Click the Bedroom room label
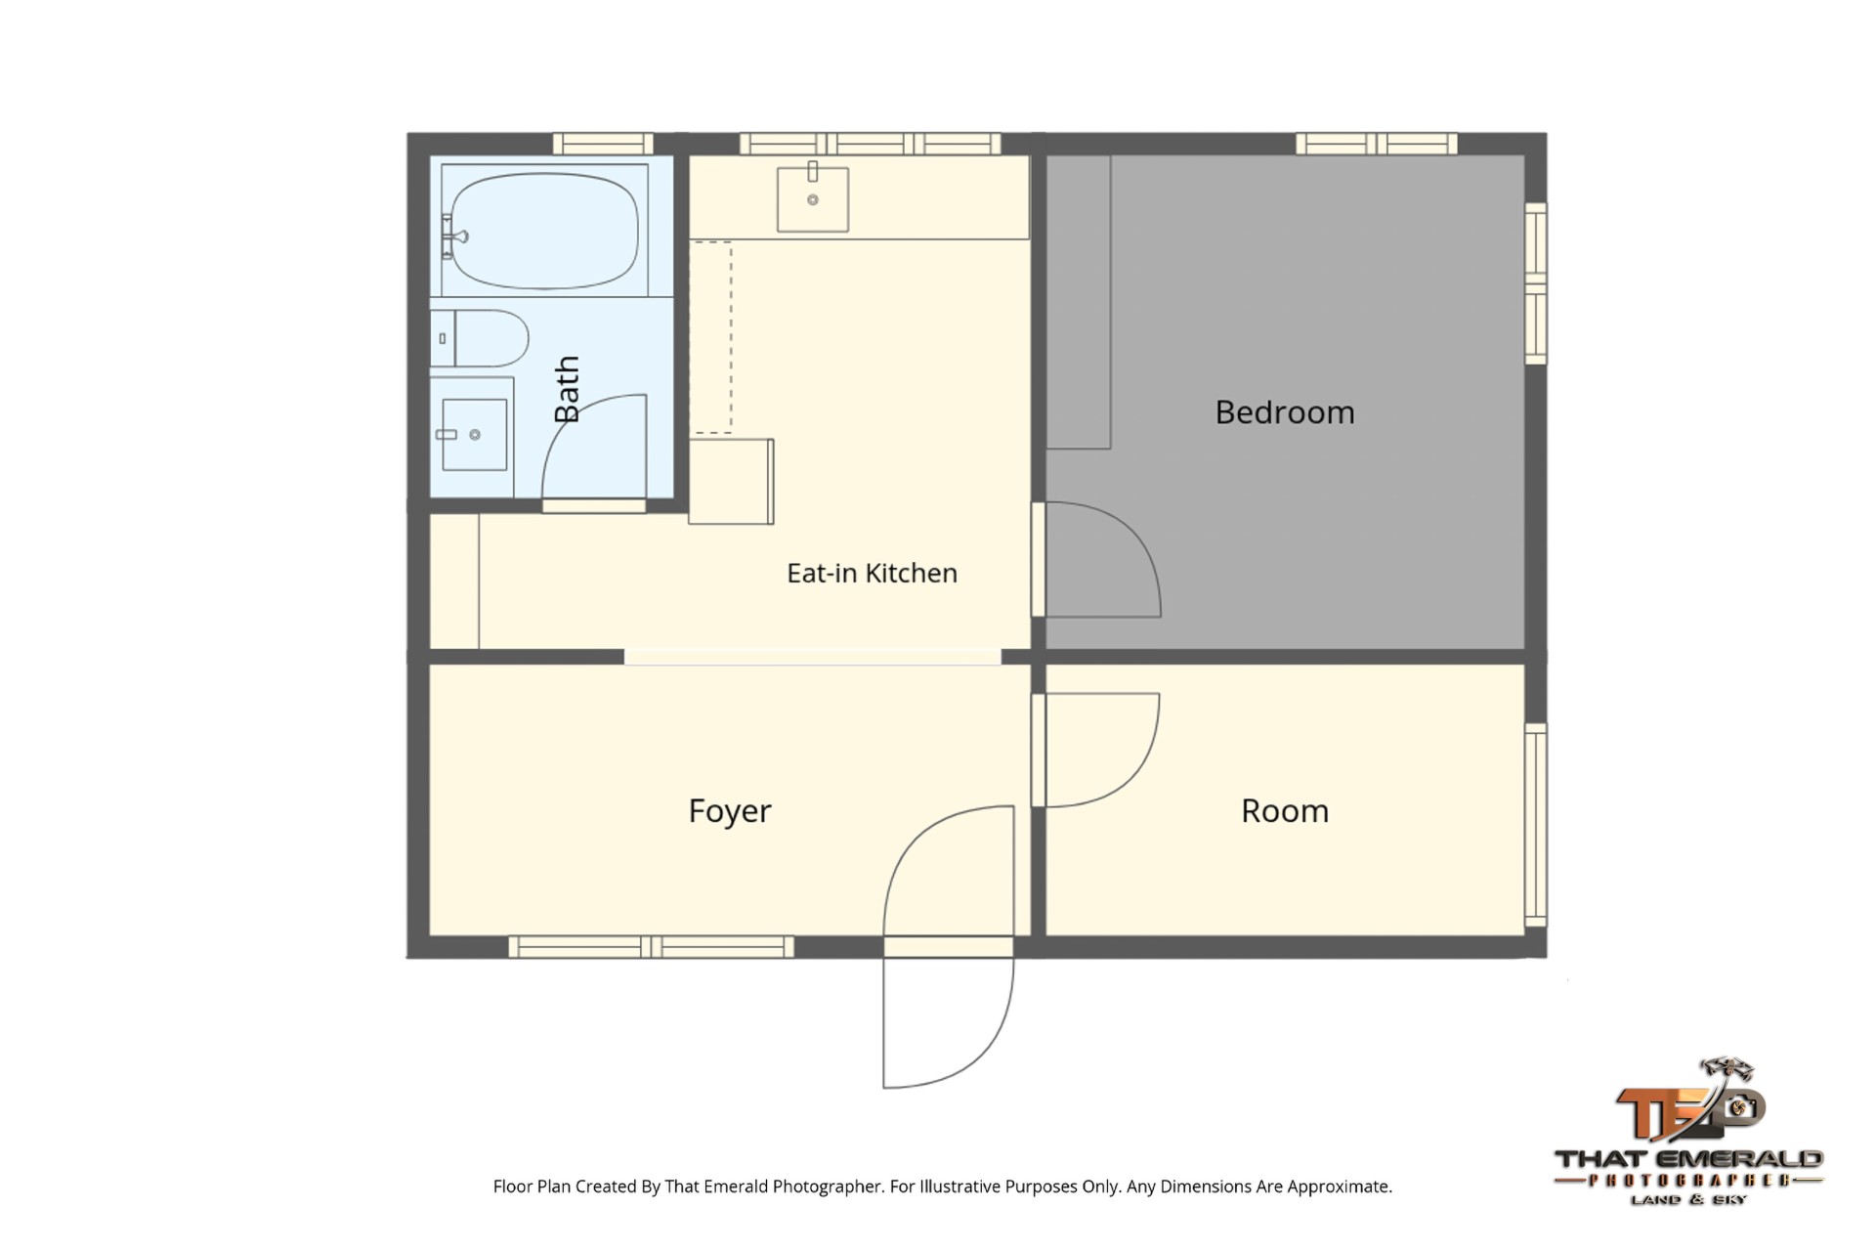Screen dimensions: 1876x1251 (x=1285, y=412)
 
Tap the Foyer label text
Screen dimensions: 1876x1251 (x=730, y=811)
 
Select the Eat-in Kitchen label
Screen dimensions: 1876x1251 (x=872, y=573)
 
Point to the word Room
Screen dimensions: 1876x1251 (x=1285, y=811)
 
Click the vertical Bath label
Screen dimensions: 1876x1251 (x=567, y=389)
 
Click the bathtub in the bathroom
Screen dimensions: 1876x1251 (x=544, y=231)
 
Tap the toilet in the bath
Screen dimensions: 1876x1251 (x=480, y=338)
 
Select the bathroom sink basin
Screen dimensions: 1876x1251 (x=474, y=435)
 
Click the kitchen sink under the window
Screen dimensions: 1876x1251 (x=812, y=199)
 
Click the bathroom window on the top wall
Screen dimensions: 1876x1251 (x=603, y=144)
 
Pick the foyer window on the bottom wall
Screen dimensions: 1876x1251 (x=651, y=946)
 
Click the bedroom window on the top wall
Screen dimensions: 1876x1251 (x=1377, y=144)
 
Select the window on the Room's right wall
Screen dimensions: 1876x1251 (x=1536, y=825)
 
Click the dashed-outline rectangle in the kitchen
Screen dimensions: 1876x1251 (x=711, y=337)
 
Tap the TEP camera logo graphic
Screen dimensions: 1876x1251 (x=1689, y=1100)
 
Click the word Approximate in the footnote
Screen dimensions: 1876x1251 (x=1342, y=1186)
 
